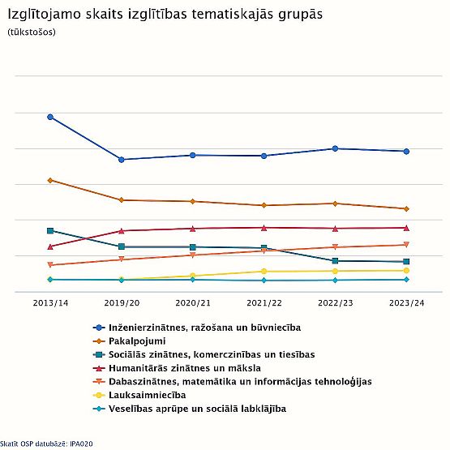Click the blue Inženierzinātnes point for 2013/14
click(50, 117)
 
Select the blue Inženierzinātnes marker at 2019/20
click(122, 160)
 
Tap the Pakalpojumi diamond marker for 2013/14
click(50, 180)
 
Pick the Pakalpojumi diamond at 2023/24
click(406, 209)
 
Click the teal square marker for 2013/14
click(50, 231)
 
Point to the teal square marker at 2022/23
click(335, 261)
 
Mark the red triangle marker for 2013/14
click(50, 246)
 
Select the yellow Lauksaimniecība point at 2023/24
click(406, 270)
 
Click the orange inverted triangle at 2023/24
click(406, 245)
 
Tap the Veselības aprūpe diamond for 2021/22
click(264, 280)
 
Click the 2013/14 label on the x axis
click(50, 303)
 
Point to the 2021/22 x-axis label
click(264, 303)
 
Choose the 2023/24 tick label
click(406, 303)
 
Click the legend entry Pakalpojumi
click(137, 341)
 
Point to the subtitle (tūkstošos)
click(32, 32)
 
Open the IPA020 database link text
click(81, 444)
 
